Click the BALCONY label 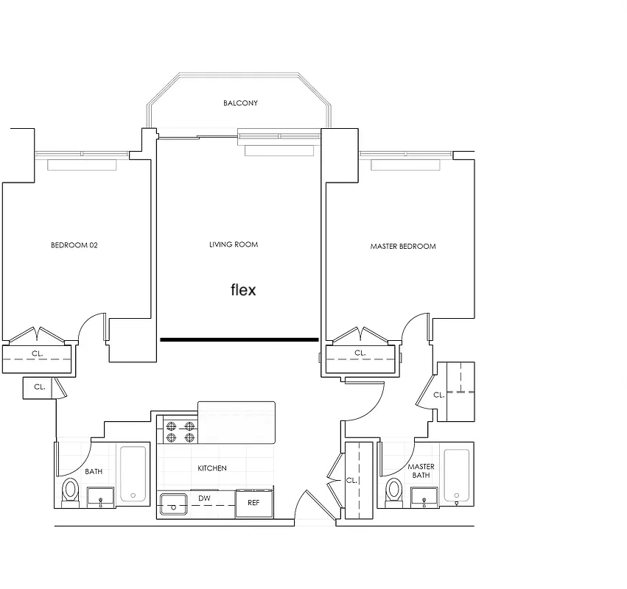coord(240,103)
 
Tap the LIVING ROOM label coord(234,244)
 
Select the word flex coord(243,289)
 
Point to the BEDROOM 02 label coord(74,245)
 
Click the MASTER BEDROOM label coord(403,247)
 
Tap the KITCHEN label coord(212,468)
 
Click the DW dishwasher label coord(204,498)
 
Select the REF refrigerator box coord(254,503)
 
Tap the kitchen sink coord(174,504)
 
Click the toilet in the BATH coord(71,491)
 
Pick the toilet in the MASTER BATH coord(394,492)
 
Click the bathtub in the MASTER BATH coord(457,475)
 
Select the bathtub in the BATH coord(133,473)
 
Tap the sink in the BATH coord(101,497)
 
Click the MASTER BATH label coord(421,470)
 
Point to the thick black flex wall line coord(239,339)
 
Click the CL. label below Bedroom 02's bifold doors coord(37,353)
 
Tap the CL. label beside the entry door coord(351,480)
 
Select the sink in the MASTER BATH coord(424,498)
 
